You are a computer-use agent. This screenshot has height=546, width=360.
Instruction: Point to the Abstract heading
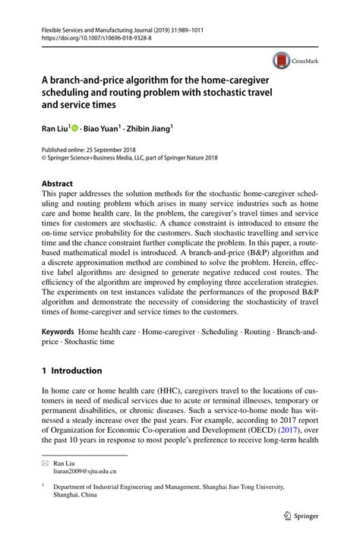57,184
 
